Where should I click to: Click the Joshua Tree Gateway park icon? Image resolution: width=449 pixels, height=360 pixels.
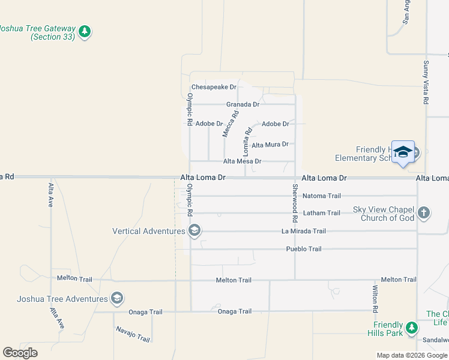[x=85, y=31]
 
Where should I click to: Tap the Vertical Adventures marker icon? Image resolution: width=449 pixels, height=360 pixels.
[x=194, y=231]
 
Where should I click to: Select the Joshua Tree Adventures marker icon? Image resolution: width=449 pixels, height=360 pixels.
[x=117, y=298]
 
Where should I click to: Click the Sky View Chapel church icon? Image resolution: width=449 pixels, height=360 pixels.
[x=424, y=212]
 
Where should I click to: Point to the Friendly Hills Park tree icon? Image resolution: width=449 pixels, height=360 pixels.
[x=411, y=328]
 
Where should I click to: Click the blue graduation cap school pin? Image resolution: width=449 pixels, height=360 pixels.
[x=403, y=152]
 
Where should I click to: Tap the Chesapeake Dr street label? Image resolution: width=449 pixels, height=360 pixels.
[x=214, y=87]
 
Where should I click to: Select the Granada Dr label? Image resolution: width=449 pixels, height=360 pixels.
[x=243, y=104]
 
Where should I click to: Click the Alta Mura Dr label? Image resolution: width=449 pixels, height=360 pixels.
[x=270, y=145]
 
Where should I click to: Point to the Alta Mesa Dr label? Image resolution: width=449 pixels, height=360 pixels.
[x=242, y=161]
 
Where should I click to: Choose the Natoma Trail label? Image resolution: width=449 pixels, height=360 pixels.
[x=321, y=196]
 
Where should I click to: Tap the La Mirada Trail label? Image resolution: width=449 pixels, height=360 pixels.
[x=304, y=232]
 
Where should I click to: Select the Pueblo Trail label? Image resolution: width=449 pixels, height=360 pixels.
[x=304, y=249]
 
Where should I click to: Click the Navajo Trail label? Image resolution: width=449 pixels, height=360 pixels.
[x=131, y=335]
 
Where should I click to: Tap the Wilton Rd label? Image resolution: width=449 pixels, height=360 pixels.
[x=375, y=300]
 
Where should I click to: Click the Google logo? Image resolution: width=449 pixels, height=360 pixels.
[x=20, y=353]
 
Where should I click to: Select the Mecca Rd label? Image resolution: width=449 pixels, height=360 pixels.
[x=231, y=124]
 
